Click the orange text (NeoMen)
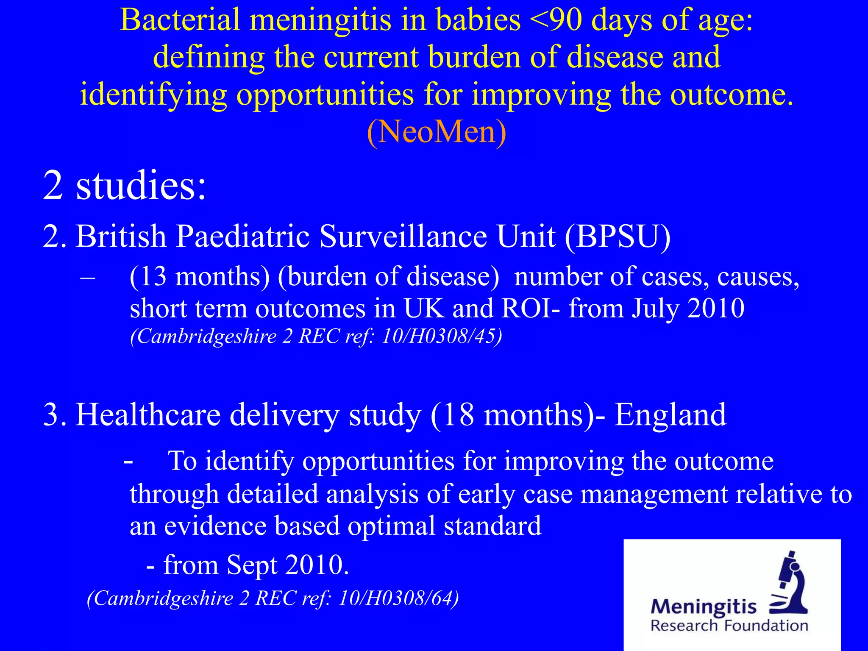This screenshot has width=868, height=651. [x=436, y=132]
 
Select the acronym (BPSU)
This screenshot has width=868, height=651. [x=618, y=236]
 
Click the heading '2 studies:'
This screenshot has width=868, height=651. [x=124, y=185]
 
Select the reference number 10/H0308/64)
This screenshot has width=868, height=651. [x=398, y=598]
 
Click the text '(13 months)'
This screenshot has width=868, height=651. [x=199, y=276]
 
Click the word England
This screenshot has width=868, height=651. [x=670, y=415]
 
